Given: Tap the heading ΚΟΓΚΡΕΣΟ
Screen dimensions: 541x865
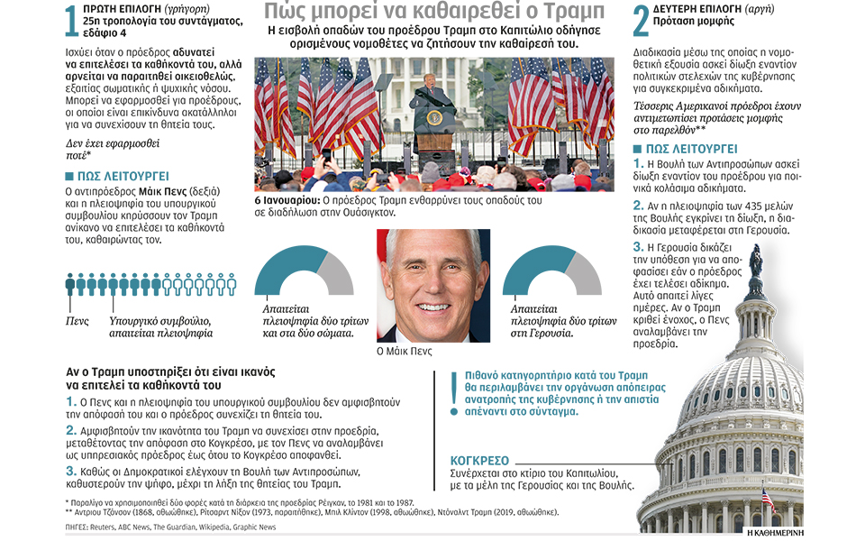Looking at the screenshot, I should pyautogui.click(x=478, y=459).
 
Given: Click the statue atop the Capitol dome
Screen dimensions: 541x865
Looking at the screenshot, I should pyautogui.click(x=755, y=261).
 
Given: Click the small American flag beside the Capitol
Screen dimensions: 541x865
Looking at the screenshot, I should pyautogui.click(x=767, y=497).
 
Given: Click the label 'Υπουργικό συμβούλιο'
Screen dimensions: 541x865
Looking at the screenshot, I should pyautogui.click(x=159, y=320).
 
